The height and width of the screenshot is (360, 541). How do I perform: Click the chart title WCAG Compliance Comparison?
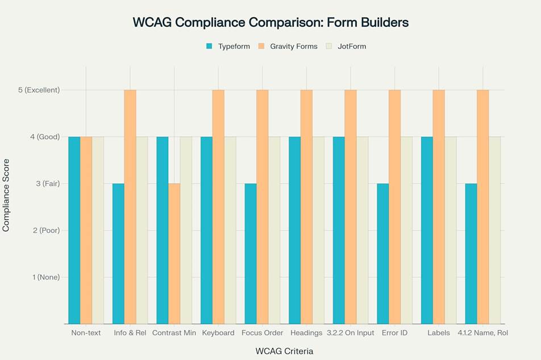tap(270, 23)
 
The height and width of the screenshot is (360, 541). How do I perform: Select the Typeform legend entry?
tap(234, 47)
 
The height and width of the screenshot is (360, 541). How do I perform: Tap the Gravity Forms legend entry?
tap(293, 47)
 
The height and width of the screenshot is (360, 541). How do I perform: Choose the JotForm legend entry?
tap(352, 47)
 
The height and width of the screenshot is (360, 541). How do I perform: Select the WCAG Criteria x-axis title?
tap(284, 351)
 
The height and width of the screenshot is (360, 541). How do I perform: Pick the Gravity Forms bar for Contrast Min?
tap(174, 253)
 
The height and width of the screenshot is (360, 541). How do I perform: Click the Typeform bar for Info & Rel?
tap(118, 253)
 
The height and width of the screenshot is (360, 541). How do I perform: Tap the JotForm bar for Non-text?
tap(98, 230)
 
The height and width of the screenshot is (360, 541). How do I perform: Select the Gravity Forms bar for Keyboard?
tap(218, 207)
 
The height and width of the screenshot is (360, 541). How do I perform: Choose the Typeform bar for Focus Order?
tap(250, 253)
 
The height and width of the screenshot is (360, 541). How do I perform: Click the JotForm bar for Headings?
tap(318, 230)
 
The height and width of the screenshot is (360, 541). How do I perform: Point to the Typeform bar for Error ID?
tap(382, 253)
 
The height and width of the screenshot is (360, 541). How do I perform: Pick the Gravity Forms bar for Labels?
tap(439, 207)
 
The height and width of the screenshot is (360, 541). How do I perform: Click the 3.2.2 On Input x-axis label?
tap(350, 333)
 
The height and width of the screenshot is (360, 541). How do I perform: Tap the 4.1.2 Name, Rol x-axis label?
tap(482, 333)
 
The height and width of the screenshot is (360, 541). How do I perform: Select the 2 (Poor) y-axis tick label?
tap(44, 231)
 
